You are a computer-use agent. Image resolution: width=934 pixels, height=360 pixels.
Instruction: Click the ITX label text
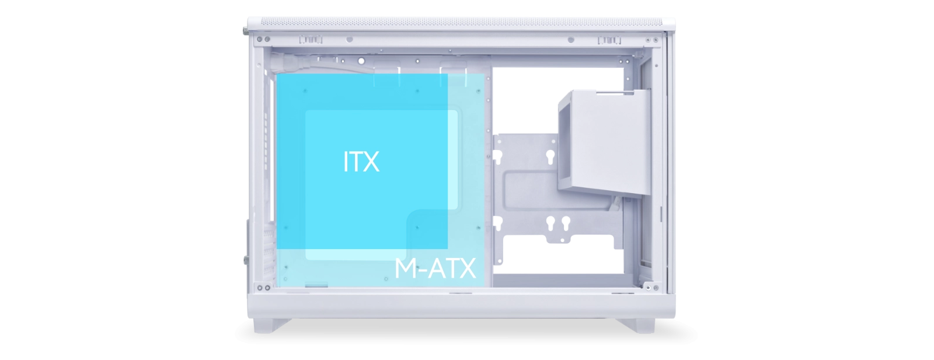click(x=361, y=162)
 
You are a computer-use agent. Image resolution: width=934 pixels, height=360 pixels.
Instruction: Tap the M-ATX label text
click(x=435, y=268)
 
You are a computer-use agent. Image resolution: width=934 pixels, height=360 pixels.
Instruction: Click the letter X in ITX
click(x=370, y=162)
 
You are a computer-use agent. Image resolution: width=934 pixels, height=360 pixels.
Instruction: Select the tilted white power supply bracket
click(x=604, y=142)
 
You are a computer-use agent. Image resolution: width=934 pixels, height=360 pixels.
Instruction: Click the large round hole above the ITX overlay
click(x=361, y=61)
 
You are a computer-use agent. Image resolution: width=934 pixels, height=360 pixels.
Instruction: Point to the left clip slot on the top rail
click(x=311, y=40)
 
